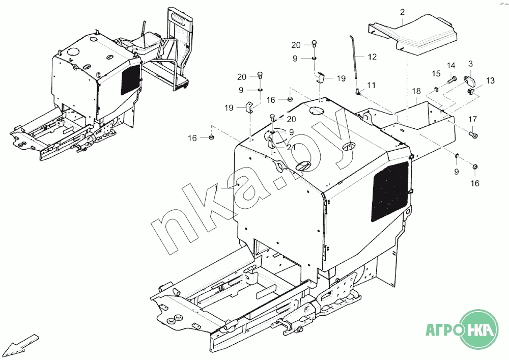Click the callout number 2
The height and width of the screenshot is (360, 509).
(x=403, y=12)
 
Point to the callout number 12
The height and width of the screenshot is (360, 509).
(x=373, y=57)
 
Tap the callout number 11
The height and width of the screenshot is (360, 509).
(x=371, y=85)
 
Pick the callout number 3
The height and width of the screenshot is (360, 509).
(x=470, y=63)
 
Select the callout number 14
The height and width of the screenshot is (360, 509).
(x=451, y=66)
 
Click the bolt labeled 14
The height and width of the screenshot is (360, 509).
(x=452, y=79)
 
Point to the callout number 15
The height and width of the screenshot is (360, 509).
(x=436, y=74)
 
